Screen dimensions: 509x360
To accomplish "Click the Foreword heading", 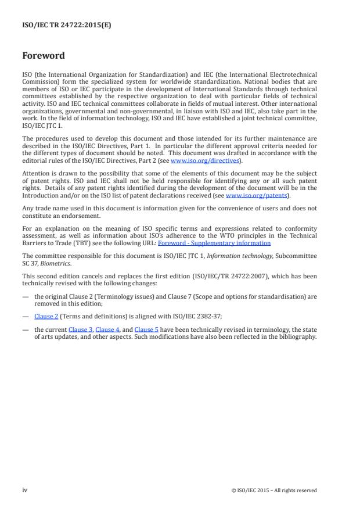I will pos(43,56).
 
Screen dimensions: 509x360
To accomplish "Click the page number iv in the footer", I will pos(25,490).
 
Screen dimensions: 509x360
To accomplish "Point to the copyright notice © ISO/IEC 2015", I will pos(273,490).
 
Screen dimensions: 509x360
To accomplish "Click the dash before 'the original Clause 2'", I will pos(26,296).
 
